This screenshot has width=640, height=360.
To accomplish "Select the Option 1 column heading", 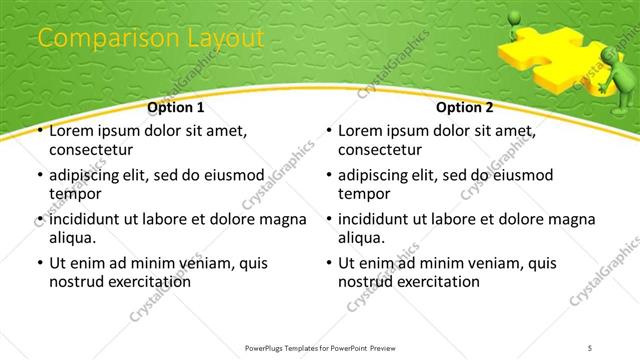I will (176, 107).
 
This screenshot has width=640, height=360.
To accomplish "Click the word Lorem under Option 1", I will (72, 131).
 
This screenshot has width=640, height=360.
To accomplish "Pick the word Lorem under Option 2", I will (361, 131).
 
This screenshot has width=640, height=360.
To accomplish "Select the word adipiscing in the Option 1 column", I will (88, 175).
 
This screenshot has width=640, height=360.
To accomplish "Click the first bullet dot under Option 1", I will (39, 132).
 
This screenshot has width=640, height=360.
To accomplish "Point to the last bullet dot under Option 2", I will (328, 264).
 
